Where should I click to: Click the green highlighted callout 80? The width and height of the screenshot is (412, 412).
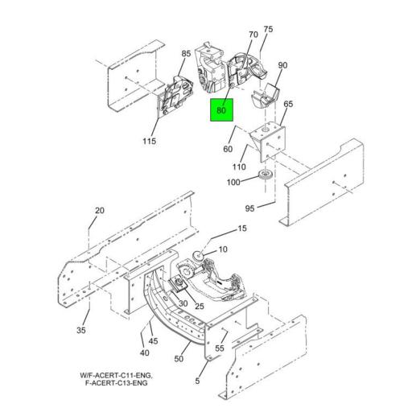pyautogui.click(x=222, y=111)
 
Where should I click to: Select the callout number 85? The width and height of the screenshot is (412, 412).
pyautogui.click(x=186, y=54)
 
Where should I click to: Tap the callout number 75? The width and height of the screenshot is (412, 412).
pyautogui.click(x=268, y=30)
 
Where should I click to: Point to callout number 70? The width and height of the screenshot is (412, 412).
pyautogui.click(x=253, y=35)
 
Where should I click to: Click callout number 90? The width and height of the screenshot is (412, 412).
pyautogui.click(x=282, y=65)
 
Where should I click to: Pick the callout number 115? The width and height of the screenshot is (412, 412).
pyautogui.click(x=149, y=142)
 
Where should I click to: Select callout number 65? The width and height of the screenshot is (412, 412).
pyautogui.click(x=287, y=105)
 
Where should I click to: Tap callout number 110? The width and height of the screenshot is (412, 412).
pyautogui.click(x=239, y=167)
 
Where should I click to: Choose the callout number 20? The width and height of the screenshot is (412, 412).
pyautogui.click(x=99, y=211)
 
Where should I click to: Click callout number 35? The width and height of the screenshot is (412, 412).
pyautogui.click(x=80, y=330)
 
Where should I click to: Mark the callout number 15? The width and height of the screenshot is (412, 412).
pyautogui.click(x=241, y=229)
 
